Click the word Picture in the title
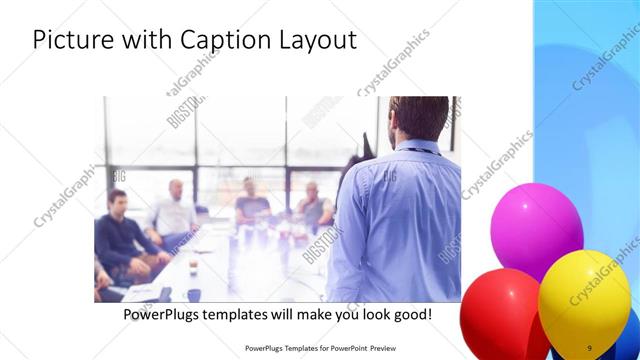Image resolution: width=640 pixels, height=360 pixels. (x=72, y=41)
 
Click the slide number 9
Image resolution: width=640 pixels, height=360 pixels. (x=590, y=348)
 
